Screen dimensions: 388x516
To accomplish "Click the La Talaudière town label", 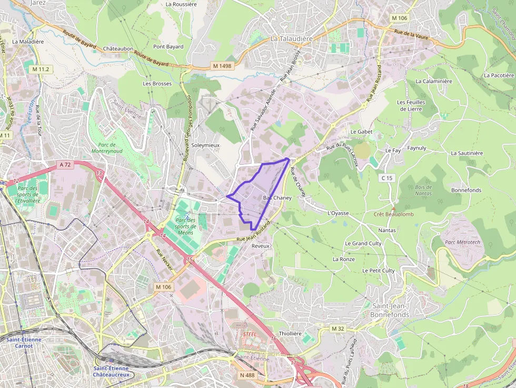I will click(291, 39).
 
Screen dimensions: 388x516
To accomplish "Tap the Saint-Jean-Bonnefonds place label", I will click(390, 310).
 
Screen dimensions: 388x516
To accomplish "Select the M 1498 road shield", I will click(222, 66).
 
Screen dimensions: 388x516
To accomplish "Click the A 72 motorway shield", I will click(65, 165).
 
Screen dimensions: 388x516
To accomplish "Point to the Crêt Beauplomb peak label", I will click(393, 214).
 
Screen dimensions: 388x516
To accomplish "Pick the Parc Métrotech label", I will click(462, 242).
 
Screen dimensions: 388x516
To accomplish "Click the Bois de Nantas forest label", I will click(423, 191).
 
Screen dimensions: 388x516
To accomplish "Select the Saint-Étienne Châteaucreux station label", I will click(113, 371).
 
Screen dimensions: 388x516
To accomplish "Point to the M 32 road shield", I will click(338, 329).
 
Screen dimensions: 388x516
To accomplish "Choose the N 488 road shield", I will click(246, 375).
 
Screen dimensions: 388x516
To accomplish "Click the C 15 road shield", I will click(386, 178).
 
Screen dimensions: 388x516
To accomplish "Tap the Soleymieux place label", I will click(205, 145).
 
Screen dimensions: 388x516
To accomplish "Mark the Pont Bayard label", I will click(168, 46).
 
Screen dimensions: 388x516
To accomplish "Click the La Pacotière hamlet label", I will click(498, 75).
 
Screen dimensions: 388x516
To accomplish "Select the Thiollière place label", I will click(290, 333).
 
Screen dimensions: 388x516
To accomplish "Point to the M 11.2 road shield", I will click(40, 69).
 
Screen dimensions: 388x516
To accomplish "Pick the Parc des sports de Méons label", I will click(185, 226).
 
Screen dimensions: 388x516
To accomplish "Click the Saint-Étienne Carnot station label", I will click(24, 343).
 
